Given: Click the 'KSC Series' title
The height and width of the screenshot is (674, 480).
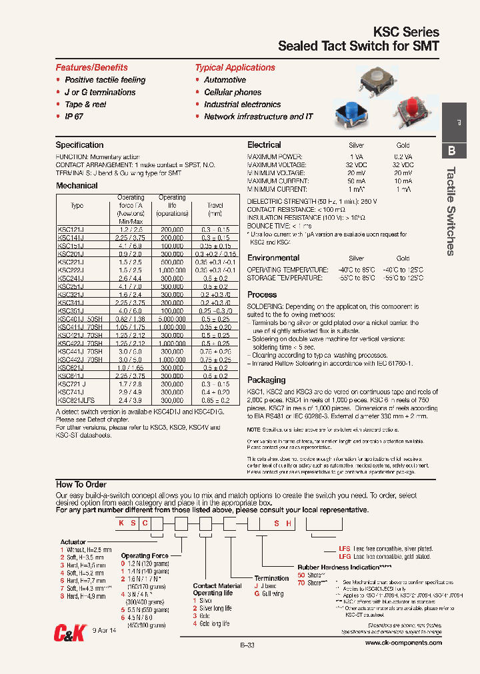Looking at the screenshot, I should click(408, 32).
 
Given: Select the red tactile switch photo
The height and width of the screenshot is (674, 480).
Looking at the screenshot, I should click(407, 110).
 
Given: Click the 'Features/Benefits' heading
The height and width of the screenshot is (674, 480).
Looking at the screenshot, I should click(91, 67).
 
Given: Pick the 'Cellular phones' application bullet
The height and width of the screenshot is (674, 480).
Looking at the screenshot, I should click(232, 93).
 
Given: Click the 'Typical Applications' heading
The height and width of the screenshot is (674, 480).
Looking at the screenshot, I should click(235, 67).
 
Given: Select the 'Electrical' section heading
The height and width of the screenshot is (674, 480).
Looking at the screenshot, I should click(264, 145).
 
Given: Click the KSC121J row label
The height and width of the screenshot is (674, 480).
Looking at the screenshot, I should click(71, 229).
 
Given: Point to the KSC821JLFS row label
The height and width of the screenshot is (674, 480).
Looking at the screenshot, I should click(76, 401).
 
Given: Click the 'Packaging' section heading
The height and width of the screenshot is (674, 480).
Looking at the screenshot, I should click(266, 380).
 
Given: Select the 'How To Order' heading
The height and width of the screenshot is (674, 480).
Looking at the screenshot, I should click(81, 485).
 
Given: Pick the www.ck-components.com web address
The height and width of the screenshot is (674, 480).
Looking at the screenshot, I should click(403, 643).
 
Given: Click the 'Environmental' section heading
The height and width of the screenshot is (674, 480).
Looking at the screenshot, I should click(273, 258).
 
